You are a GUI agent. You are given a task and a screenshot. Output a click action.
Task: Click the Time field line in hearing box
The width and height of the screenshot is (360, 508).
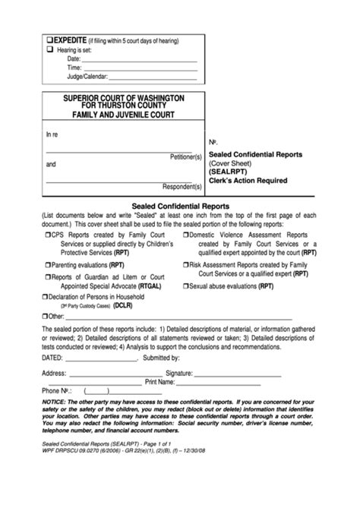140,68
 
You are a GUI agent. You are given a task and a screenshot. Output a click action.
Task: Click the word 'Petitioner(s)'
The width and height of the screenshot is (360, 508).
185,156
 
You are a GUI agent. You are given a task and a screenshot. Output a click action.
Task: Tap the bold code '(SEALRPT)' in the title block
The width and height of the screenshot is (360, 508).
231,172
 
